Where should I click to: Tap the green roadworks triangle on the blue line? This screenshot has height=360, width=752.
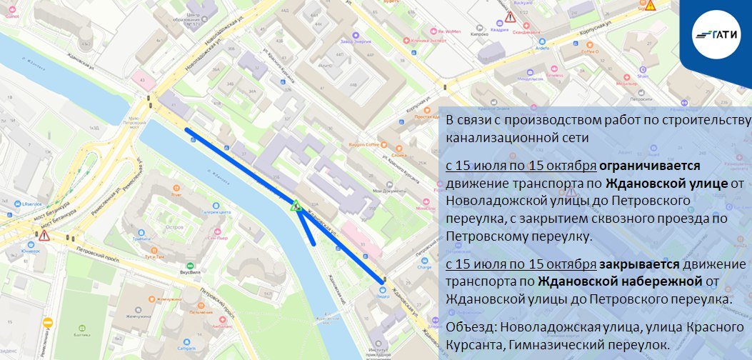pyautogui.click(x=294, y=206)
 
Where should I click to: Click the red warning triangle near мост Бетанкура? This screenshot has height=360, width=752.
pyautogui.click(x=44, y=235)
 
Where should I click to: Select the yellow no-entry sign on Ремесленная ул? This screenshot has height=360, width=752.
pyautogui.click(x=48, y=323)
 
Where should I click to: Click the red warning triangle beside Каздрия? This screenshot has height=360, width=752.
pyautogui.click(x=510, y=17)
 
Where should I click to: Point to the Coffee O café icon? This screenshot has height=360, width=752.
pyautogui.click(x=590, y=44)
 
